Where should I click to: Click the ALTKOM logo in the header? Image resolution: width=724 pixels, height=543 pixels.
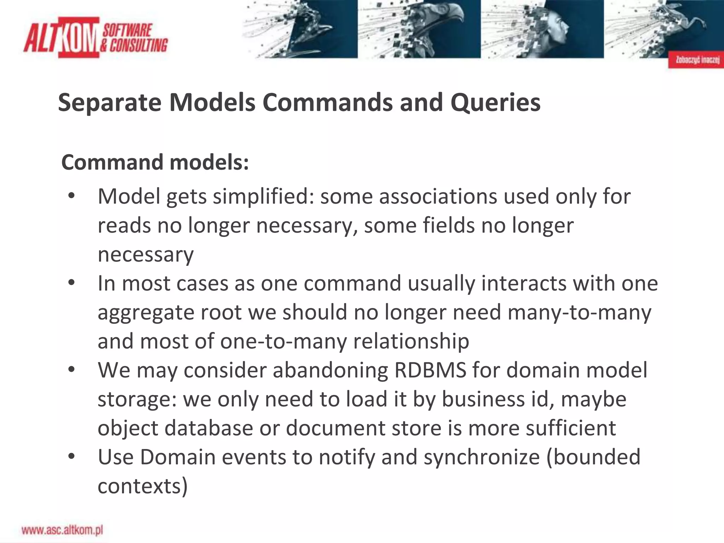pyautogui.click(x=95, y=37)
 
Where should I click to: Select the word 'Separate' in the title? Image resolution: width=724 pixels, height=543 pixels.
pyautogui.click(x=110, y=103)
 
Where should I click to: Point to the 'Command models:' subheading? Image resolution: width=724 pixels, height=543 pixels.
pyautogui.click(x=155, y=162)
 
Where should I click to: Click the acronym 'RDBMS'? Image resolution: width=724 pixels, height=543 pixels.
pyautogui.click(x=430, y=370)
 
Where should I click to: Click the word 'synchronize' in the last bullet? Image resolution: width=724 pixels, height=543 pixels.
pyautogui.click(x=481, y=457)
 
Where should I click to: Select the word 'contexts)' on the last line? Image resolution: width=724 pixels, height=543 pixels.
pyautogui.click(x=142, y=486)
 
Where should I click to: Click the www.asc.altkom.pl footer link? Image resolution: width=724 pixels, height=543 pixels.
pyautogui.click(x=62, y=530)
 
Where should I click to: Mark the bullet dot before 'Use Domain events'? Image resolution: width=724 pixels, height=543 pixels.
pyautogui.click(x=72, y=456)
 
